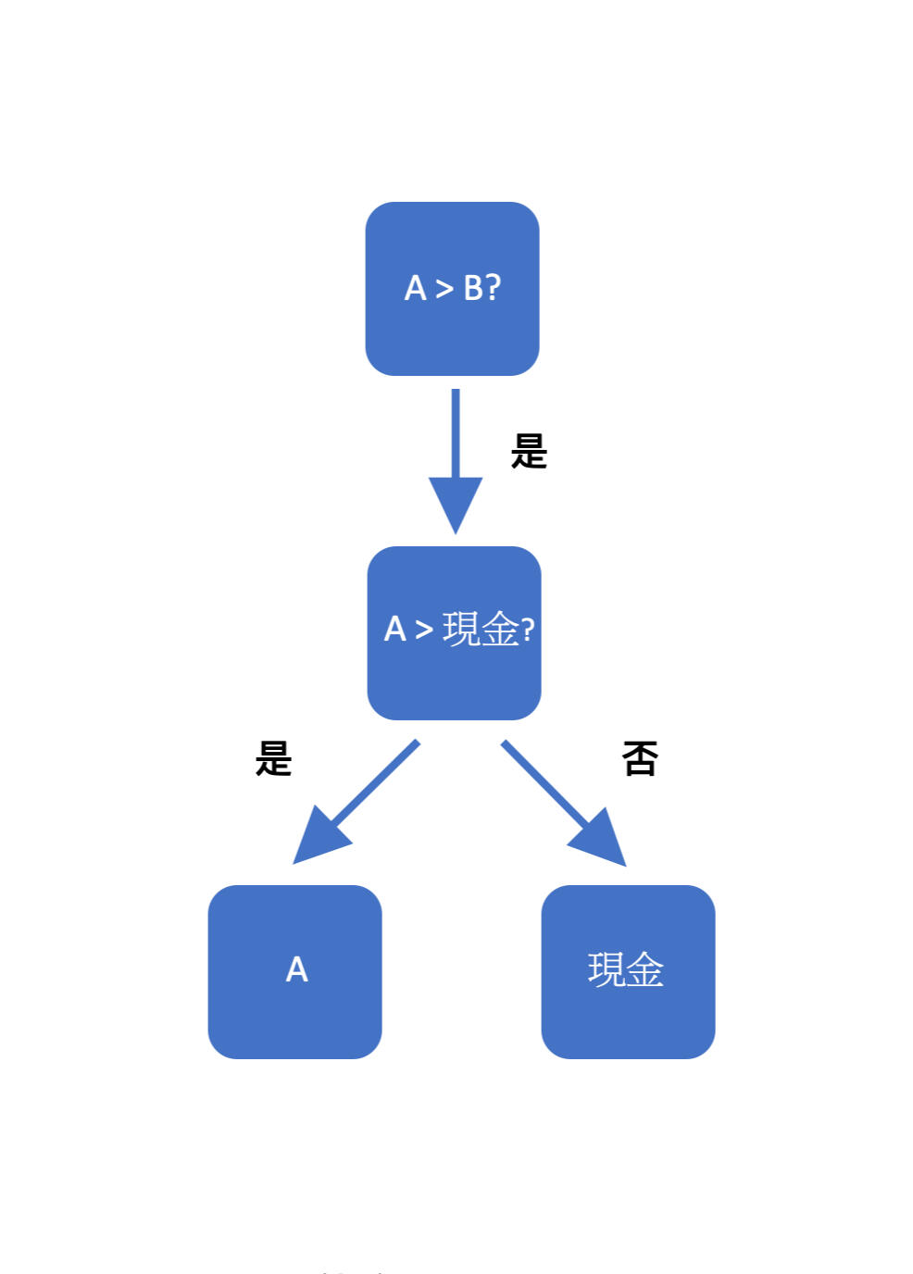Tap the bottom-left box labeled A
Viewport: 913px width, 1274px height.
294,1009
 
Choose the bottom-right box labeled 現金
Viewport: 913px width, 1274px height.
628,1014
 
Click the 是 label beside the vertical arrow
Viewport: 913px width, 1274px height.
529,452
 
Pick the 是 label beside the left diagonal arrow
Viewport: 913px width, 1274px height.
273,759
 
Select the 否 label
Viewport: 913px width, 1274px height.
640,759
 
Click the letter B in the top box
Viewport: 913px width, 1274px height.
474,288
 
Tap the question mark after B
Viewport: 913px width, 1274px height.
493,288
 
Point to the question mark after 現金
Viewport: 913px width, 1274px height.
528,631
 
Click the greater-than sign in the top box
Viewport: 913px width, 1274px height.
444,289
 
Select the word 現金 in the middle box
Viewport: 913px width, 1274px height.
481,630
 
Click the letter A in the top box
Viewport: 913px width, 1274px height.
415,288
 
